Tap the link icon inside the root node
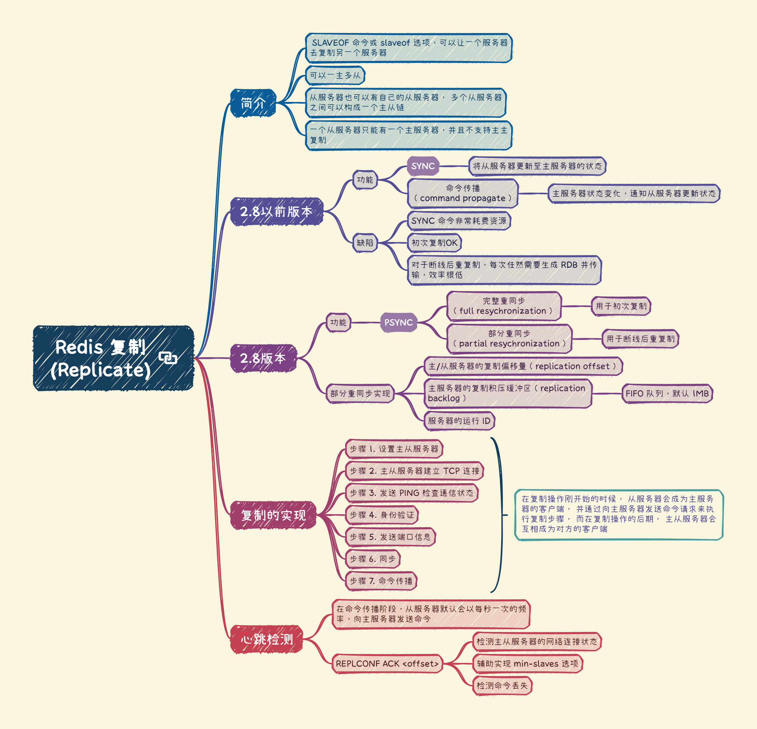[168, 358]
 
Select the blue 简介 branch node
[253, 103]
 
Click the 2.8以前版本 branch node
[276, 211]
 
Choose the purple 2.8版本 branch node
[263, 358]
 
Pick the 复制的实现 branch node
[273, 515]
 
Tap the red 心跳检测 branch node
[267, 639]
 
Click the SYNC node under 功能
[423, 166]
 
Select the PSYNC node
[398, 322]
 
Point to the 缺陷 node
[365, 243]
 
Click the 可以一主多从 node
[335, 75]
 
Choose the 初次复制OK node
[434, 243]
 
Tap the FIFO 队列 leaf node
[667, 394]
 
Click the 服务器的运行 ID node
[459, 421]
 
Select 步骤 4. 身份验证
[381, 515]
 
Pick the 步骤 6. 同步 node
[372, 559]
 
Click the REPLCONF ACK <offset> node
[387, 664]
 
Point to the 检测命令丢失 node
[502, 686]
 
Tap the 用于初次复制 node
[621, 306]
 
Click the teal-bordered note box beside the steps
[619, 515]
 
